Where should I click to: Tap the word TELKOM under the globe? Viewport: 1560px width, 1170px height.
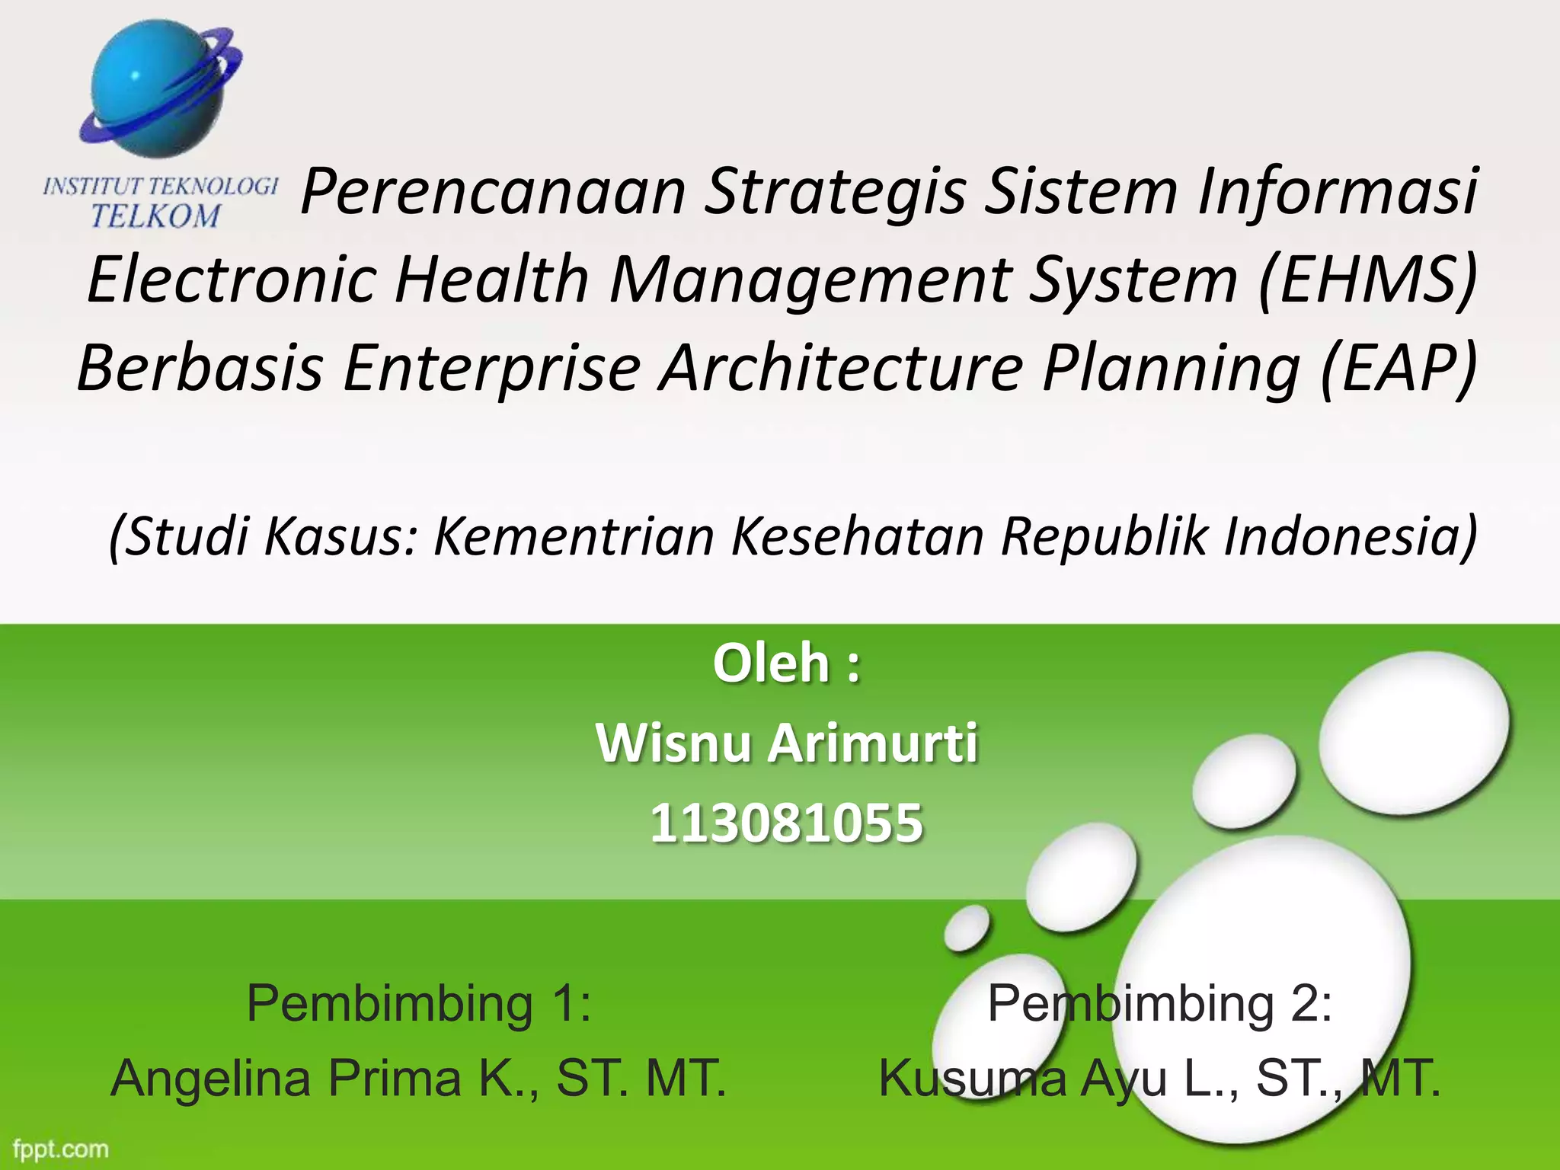[155, 216]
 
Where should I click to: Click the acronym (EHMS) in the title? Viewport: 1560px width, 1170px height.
[1367, 279]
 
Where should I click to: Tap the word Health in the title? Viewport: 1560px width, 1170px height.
[492, 279]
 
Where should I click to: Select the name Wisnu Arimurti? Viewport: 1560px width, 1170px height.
[786, 743]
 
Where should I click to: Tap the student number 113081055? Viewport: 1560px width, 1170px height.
[786, 823]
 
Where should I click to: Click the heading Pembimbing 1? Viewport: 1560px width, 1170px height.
[419, 1003]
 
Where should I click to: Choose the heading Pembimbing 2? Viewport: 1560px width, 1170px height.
[1159, 1003]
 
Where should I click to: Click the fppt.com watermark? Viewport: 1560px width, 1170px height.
[61, 1149]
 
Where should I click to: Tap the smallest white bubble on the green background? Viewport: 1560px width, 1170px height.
[967, 929]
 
